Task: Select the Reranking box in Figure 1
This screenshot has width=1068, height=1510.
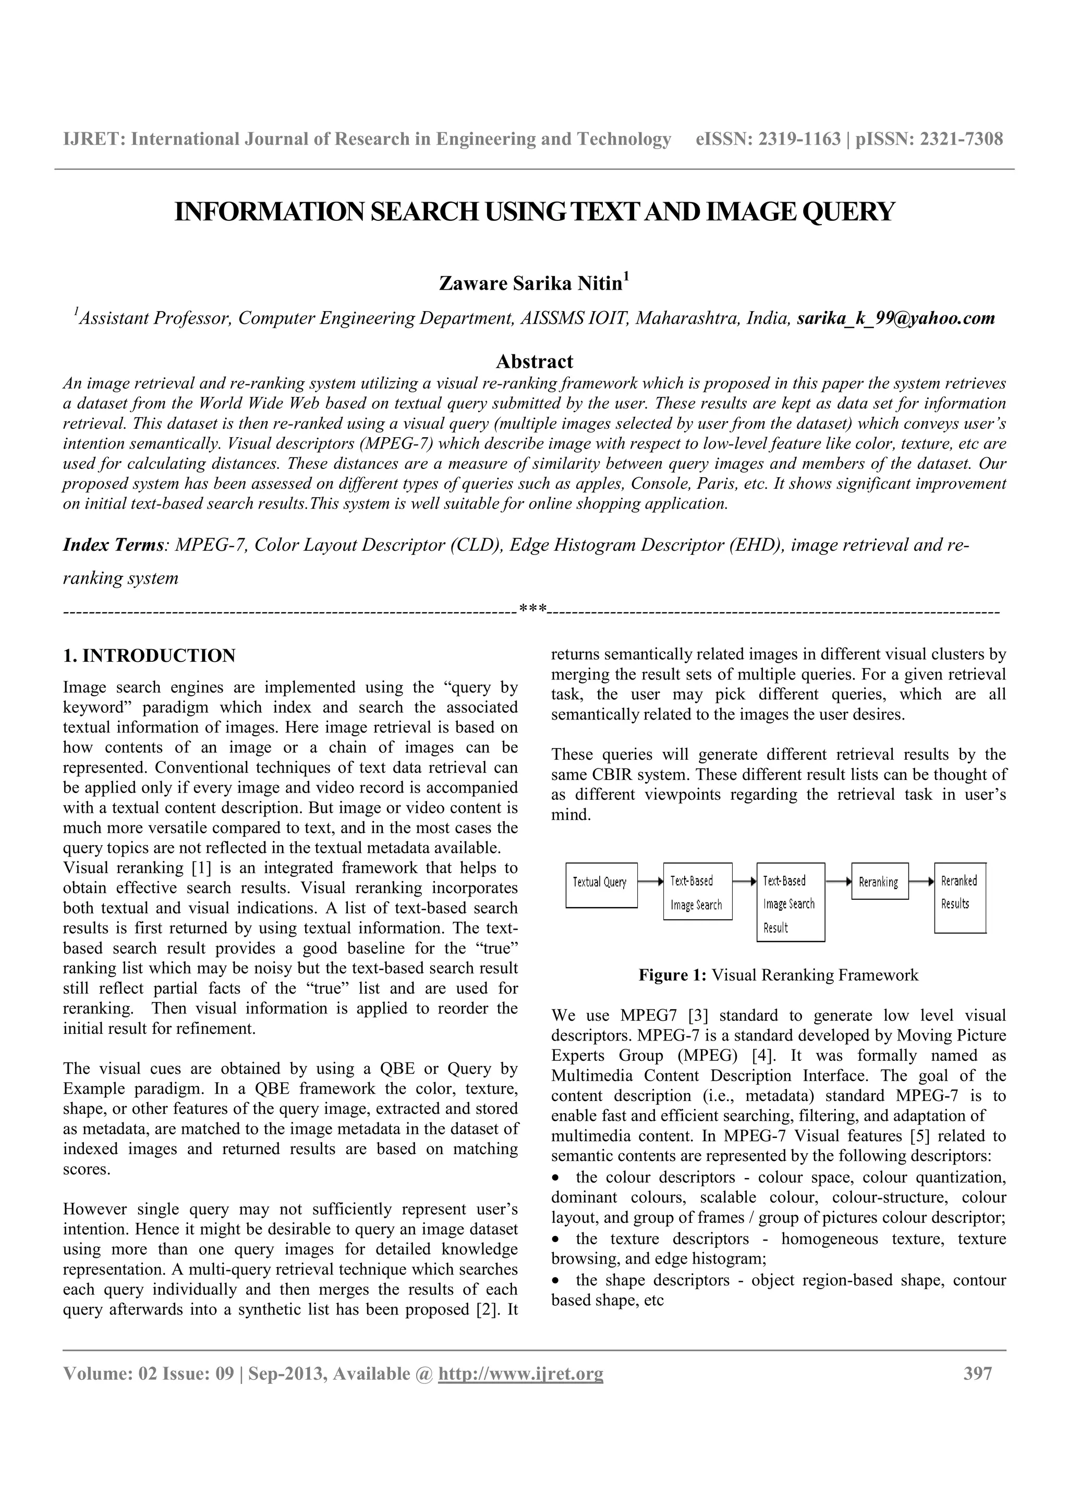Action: point(879,881)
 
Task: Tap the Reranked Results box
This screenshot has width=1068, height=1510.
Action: point(960,897)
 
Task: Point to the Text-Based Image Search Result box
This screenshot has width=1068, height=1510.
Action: point(790,902)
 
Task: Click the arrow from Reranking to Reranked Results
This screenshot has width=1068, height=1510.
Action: point(921,881)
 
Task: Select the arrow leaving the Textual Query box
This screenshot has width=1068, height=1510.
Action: point(650,881)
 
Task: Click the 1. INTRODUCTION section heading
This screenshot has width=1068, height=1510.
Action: point(149,655)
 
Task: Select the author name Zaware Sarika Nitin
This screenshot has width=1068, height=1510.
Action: point(530,283)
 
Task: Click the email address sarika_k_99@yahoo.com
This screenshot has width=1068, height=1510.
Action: point(895,318)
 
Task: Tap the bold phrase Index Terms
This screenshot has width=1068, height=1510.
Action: point(113,545)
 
